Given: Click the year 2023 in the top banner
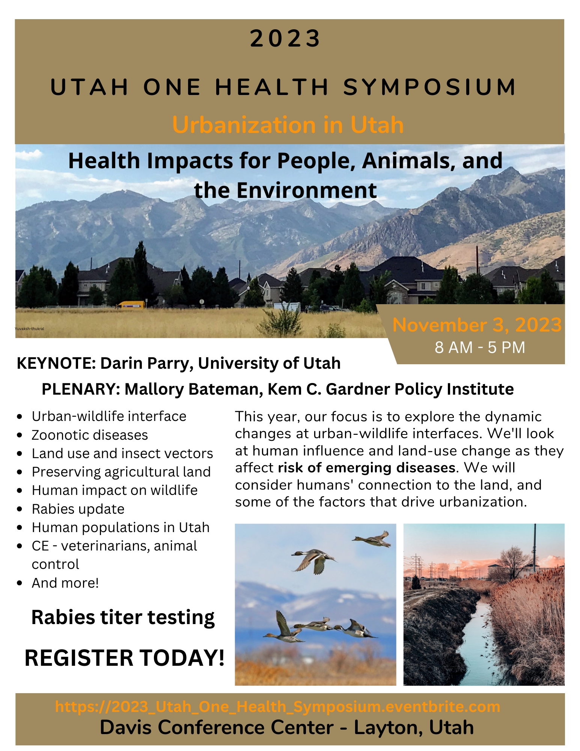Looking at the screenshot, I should point(285,39).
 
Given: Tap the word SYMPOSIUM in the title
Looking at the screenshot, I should point(429,87).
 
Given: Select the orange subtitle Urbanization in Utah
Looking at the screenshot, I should point(288,125).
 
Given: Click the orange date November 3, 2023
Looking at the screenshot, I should point(477,325).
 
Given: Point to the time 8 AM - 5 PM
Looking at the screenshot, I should point(480,347).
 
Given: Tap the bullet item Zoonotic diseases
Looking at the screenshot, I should point(90,435).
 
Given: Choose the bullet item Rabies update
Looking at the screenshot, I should point(78,509).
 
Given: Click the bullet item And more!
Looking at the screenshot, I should point(65,583).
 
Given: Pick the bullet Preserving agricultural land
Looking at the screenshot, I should point(121,472).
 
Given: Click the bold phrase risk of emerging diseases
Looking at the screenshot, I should point(366,468).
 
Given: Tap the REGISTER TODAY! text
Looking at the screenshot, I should point(124,658).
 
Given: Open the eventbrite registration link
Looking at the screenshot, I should point(277,707).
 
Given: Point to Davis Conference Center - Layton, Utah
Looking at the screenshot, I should point(286,727).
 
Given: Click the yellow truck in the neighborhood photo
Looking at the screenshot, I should point(131,305).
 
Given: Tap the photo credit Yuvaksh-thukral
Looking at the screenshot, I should point(30,329).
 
